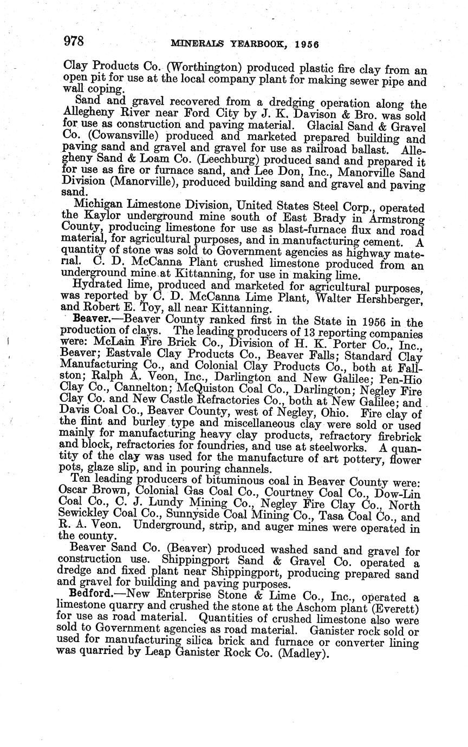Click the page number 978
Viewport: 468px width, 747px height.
[74, 42]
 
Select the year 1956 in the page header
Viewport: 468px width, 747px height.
[306, 44]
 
